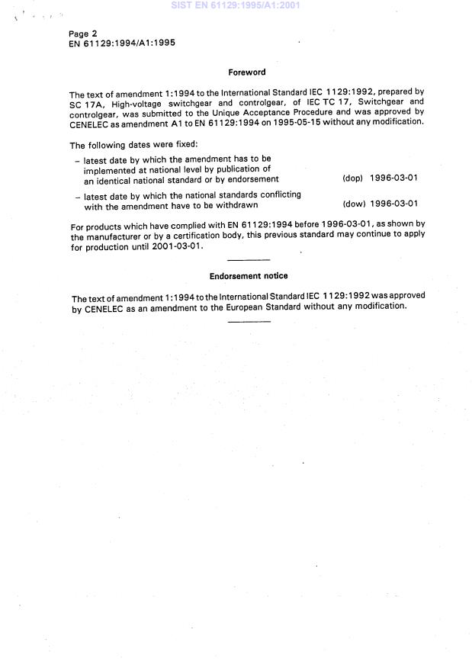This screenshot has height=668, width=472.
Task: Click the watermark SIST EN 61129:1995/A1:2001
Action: coord(236,5)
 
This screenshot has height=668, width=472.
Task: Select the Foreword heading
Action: coord(247,72)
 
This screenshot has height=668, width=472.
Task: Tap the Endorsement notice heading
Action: coord(249,275)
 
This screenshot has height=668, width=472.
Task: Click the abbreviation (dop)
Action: coord(352,178)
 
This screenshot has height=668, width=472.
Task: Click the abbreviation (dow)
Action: coord(353,204)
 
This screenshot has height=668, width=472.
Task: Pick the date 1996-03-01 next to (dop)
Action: coord(393,178)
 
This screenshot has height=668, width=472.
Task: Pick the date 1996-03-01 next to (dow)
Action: coord(393,204)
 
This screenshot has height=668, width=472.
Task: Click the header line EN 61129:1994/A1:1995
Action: coord(122,43)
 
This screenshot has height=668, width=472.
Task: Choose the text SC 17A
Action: coord(85,102)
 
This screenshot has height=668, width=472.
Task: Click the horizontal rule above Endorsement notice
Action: coord(249,260)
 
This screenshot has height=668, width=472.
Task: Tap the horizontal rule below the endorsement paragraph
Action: coord(249,321)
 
